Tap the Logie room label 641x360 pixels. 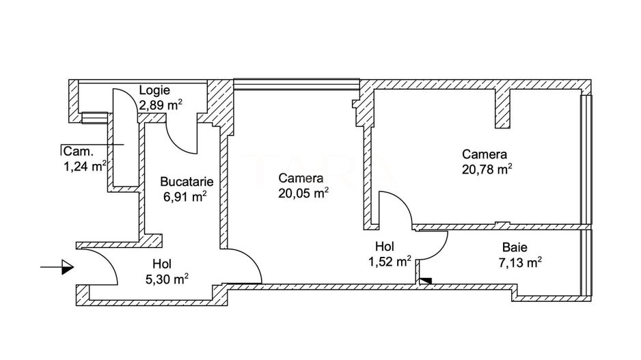pos(154,90)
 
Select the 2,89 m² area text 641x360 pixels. pos(161,105)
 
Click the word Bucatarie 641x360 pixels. pos(187,182)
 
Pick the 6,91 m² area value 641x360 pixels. pos(185,197)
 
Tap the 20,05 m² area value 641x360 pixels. pos(303,193)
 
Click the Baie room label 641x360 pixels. pos(514,248)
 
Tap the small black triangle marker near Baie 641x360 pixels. pos(426,279)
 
